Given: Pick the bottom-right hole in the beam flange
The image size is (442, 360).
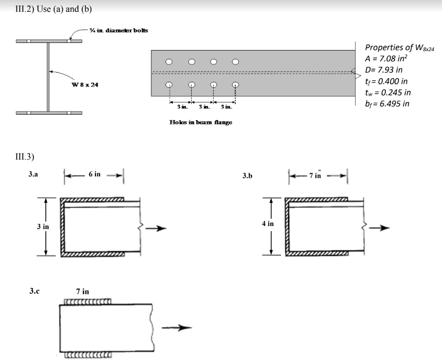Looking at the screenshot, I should [x=236, y=85].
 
